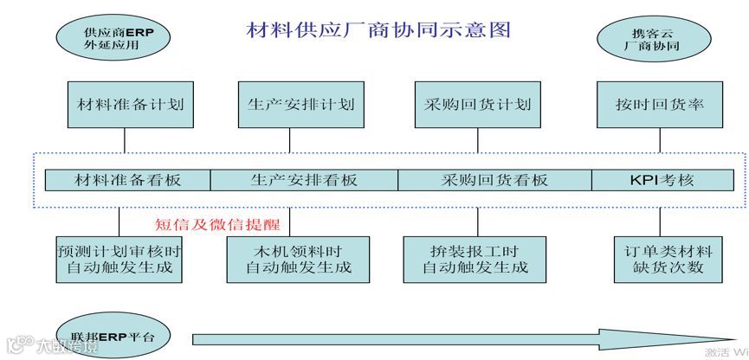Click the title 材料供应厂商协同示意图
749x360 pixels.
tap(378, 30)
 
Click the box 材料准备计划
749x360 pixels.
tap(125, 105)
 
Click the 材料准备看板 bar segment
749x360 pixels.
tap(129, 180)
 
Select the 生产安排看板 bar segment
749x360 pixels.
tap(304, 180)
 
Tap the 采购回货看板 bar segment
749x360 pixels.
tap(494, 180)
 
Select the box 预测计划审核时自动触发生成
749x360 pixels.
tap(119, 259)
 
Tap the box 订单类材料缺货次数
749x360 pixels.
tap(666, 259)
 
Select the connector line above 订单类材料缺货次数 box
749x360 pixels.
tap(666, 221)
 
